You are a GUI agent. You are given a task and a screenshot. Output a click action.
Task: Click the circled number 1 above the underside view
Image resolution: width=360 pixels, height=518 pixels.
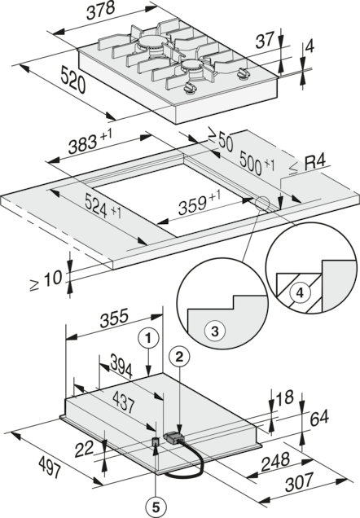tap(147, 335)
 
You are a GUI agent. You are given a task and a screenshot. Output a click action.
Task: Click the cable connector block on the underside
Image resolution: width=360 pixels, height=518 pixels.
tap(173, 438)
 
